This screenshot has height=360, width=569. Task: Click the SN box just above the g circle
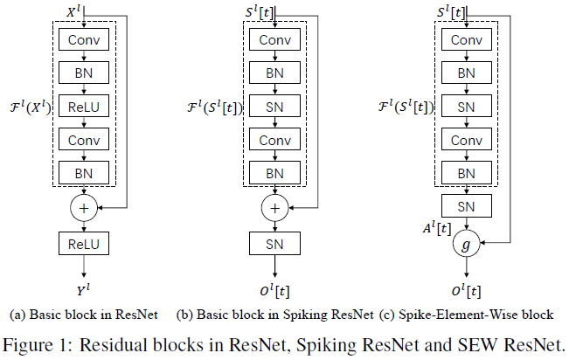coord(465,207)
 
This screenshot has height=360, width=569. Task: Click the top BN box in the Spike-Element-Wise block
coord(465,74)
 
